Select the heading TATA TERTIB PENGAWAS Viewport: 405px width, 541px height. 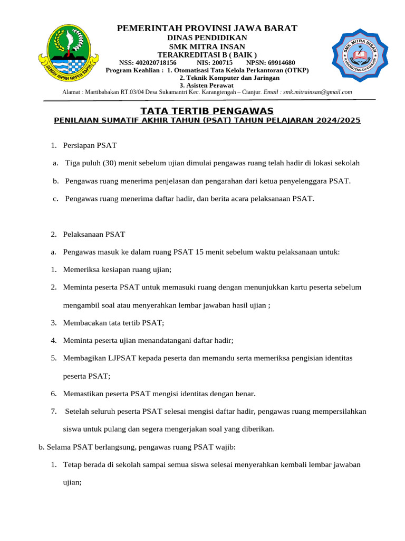207,110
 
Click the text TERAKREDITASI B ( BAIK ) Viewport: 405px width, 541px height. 207,54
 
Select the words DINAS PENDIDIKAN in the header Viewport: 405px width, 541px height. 207,38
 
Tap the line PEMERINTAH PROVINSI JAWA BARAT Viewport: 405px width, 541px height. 207,27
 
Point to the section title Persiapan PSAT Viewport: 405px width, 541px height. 90,145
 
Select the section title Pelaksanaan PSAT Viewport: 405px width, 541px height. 94,234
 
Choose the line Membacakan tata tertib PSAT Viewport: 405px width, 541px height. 113,323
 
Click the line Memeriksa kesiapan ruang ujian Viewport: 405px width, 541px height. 117,269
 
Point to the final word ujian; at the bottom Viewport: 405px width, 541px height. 72,482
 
